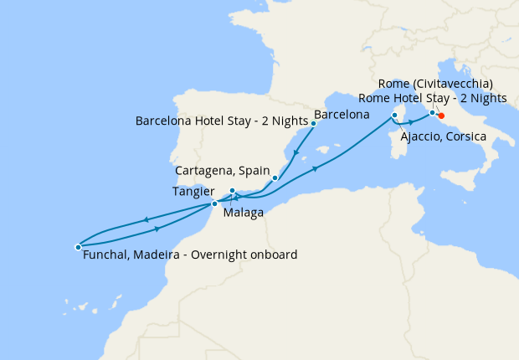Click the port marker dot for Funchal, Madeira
coord(78,247)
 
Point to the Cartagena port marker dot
coord(275,177)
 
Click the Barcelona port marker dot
coord(313,123)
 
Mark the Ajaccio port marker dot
coord(394,115)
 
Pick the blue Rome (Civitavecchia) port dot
coord(432,112)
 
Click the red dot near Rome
coord(441,116)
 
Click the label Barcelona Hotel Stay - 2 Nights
coord(222,121)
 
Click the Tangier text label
coord(193,191)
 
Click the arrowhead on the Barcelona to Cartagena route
coord(294,152)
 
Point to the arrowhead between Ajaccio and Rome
coord(410,122)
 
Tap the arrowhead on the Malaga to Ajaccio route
coord(316,168)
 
